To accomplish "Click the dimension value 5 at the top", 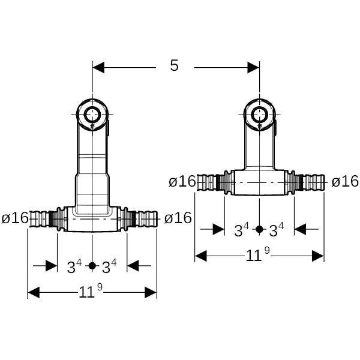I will point(174,65).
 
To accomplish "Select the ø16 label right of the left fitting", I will point(178,218).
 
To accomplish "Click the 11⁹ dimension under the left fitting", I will point(91,292).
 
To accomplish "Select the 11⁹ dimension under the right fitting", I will point(259,256).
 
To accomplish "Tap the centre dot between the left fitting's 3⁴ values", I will point(92,265).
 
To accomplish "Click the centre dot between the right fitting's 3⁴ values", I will point(259,229).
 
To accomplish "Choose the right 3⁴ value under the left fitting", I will point(109,265).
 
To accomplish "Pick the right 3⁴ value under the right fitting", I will point(277,229).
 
